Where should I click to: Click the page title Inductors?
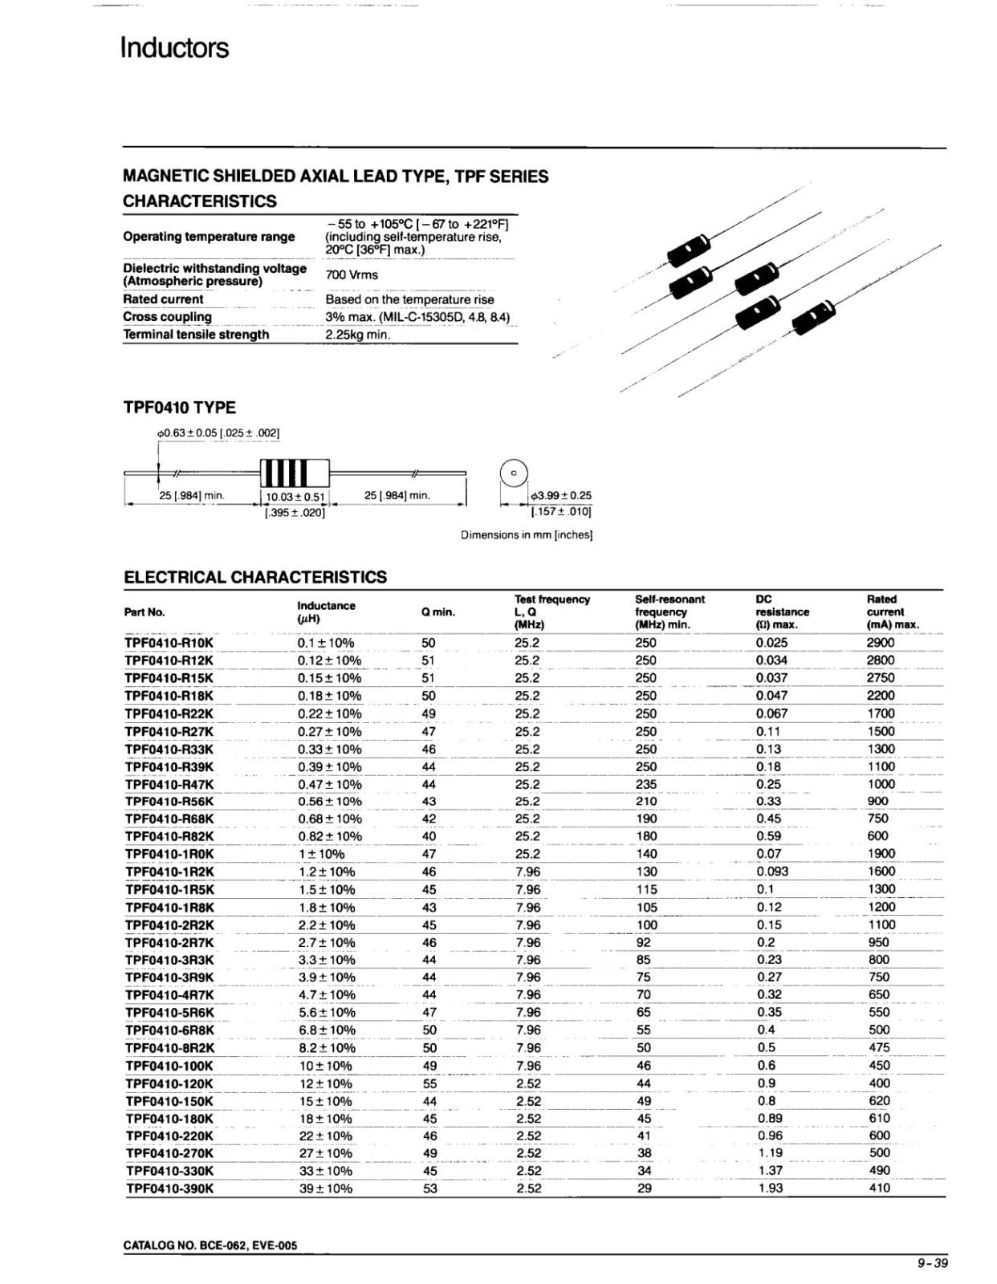pos(174,48)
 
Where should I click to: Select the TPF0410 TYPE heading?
pos(179,407)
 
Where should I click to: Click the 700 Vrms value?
pos(352,274)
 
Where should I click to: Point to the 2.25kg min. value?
pos(358,335)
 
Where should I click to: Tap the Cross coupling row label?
pos(167,317)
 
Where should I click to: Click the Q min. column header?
pos(437,612)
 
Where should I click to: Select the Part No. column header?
pos(144,612)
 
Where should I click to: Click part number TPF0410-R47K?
pos(169,784)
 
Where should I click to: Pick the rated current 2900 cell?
pos(880,643)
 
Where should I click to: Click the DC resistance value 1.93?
pos(770,1188)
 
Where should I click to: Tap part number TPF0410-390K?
pos(169,1189)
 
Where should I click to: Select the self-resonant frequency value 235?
pos(645,784)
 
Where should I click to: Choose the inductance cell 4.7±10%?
pos(327,995)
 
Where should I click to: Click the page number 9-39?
pos(932,1263)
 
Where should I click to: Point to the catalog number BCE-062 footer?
pos(210,1245)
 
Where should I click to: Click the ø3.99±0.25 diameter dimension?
pos(560,496)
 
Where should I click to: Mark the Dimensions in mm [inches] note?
pos(527,535)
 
